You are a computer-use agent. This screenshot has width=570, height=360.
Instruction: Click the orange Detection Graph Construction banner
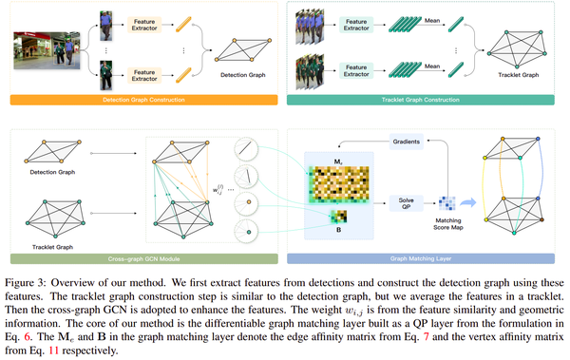pyautogui.click(x=142, y=99)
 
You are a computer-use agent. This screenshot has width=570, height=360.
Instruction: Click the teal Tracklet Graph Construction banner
pyautogui.click(x=427, y=99)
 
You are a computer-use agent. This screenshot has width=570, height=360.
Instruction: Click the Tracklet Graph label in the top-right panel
pyautogui.click(x=516, y=76)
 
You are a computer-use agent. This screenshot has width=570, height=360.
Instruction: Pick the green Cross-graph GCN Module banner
pyautogui.click(x=142, y=256)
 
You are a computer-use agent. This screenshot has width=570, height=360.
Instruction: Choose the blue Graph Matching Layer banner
pyautogui.click(x=427, y=256)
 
